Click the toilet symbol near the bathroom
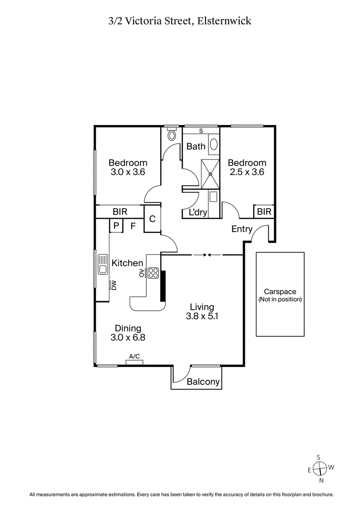click(x=171, y=135)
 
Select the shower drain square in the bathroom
click(x=210, y=174)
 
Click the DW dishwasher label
click(x=114, y=285)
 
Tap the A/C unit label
click(x=134, y=357)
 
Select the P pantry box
click(x=116, y=226)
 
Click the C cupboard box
click(x=152, y=219)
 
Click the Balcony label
click(x=203, y=382)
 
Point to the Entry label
click(x=242, y=229)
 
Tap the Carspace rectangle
click(x=279, y=294)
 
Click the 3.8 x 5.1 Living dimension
click(x=202, y=316)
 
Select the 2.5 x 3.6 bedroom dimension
click(x=246, y=171)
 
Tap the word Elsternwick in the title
click(x=228, y=20)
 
